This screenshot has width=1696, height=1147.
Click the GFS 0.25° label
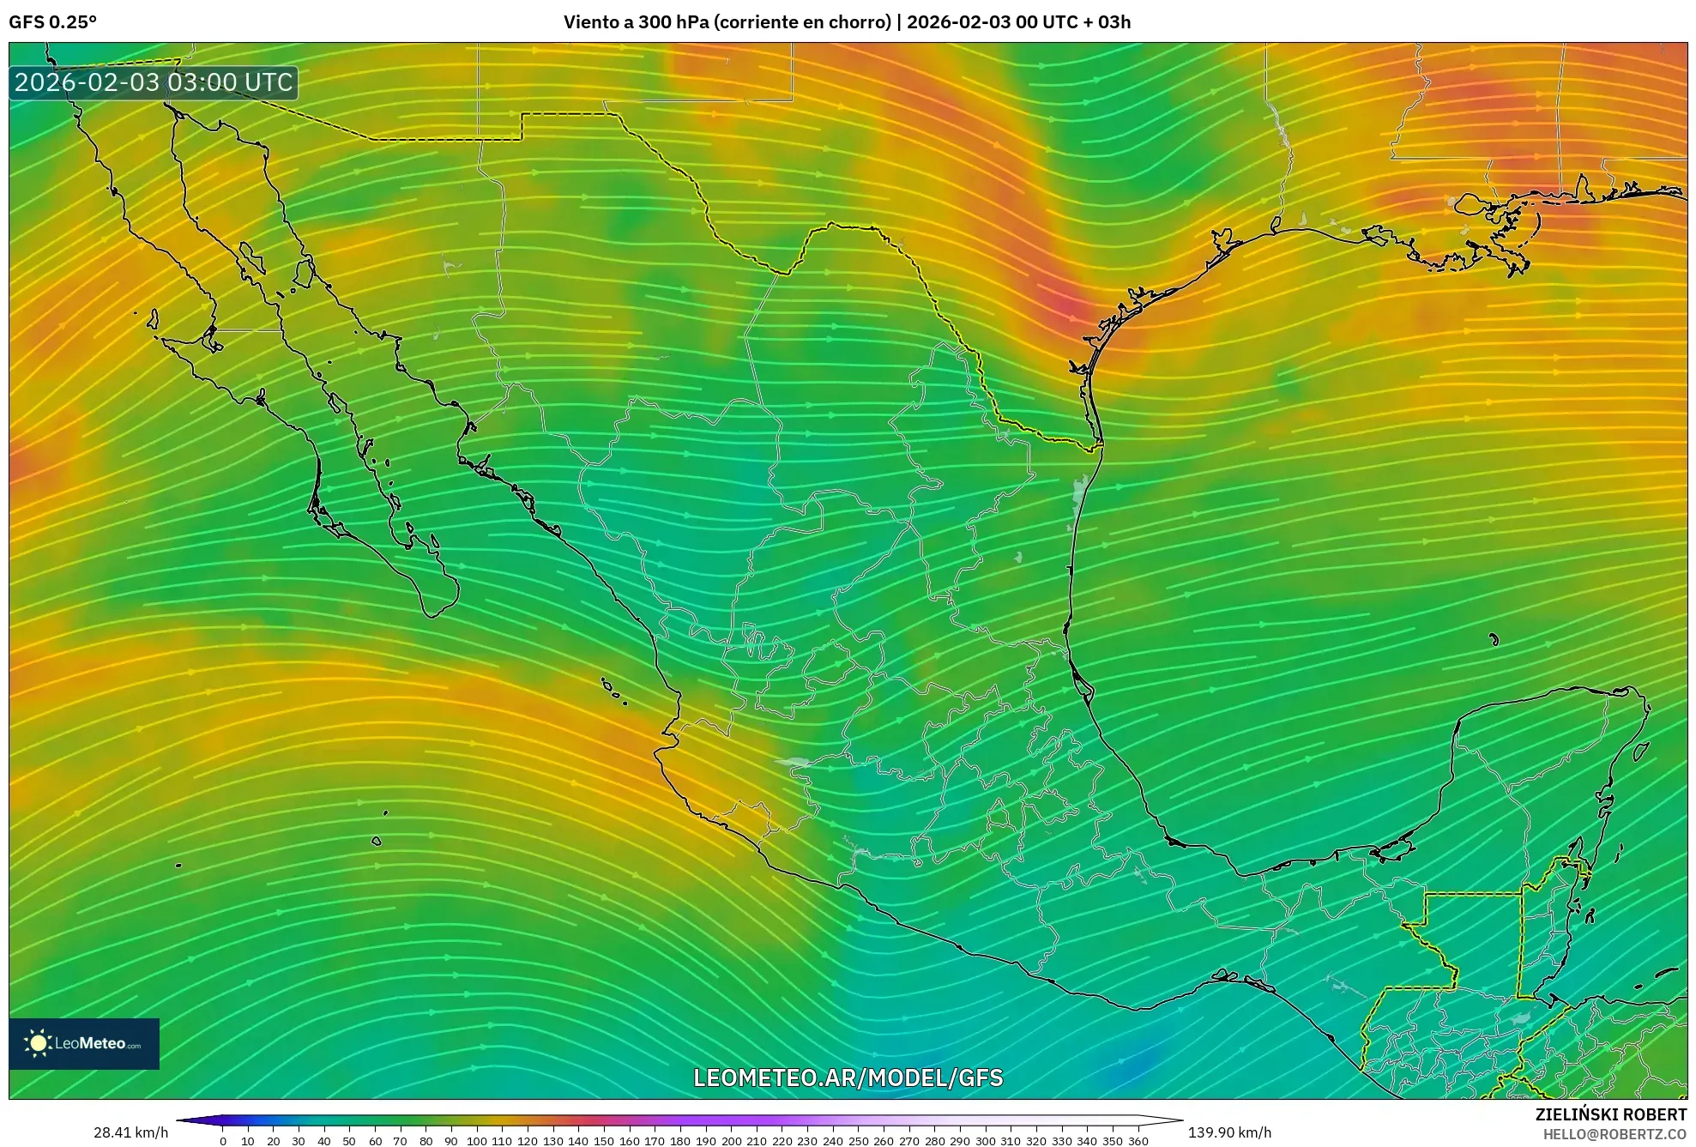click(52, 22)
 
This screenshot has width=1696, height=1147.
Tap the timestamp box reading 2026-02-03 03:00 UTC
click(154, 82)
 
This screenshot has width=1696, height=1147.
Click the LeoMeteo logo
click(84, 1043)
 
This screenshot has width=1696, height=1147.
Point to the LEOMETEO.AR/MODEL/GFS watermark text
click(848, 1078)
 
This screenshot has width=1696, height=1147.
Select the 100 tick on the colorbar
click(476, 1141)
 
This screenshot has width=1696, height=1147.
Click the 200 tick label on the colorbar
click(731, 1141)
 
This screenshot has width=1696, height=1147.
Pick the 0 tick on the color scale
click(223, 1141)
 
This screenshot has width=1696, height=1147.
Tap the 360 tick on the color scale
click(1138, 1141)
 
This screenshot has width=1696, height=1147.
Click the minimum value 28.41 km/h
click(130, 1132)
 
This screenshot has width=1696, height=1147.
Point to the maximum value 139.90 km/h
click(1229, 1132)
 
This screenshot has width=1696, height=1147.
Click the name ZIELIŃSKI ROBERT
click(1610, 1114)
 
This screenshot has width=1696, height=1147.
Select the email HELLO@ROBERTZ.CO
click(1615, 1134)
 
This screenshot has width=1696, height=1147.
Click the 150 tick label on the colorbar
click(604, 1141)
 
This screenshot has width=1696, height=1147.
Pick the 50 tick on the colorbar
click(349, 1141)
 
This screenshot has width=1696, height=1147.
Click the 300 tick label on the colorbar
click(985, 1141)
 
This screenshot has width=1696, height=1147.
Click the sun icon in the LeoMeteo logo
click(38, 1043)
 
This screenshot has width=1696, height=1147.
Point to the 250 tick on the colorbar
click(858, 1141)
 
